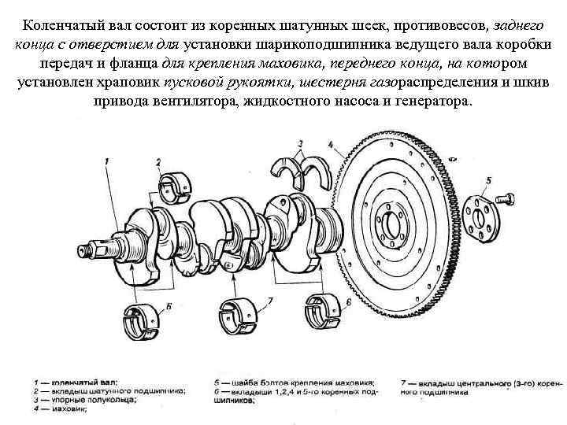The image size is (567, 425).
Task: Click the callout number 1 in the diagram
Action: pos(106,162)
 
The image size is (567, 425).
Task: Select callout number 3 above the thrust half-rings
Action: pos(300,144)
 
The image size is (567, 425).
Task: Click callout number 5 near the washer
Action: pos(488,181)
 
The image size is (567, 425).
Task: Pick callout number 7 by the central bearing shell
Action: pos(269,300)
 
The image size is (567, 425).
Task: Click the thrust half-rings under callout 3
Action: pos(301,168)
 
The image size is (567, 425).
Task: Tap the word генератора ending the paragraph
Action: pos(428,102)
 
